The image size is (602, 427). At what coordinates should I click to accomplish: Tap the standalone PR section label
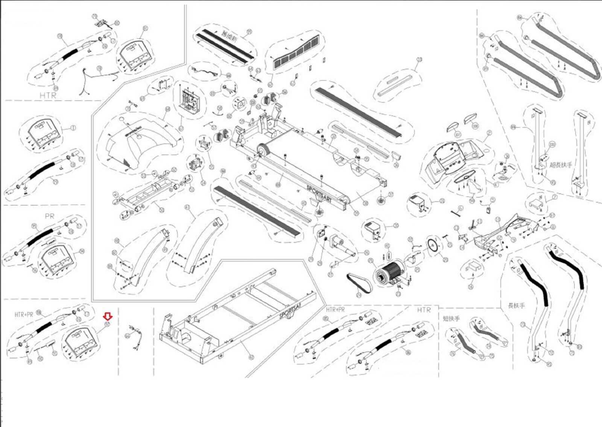49,216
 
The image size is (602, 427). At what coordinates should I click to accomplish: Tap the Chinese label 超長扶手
561,165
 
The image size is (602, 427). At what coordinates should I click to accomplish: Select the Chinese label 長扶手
516,305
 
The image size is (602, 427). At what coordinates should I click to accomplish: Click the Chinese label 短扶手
451,319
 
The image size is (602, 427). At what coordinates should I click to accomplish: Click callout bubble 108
475,126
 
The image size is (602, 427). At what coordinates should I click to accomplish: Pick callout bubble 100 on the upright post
552,145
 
